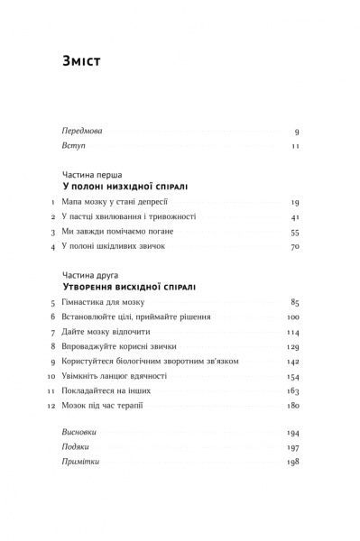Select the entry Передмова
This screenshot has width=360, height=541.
78,130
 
